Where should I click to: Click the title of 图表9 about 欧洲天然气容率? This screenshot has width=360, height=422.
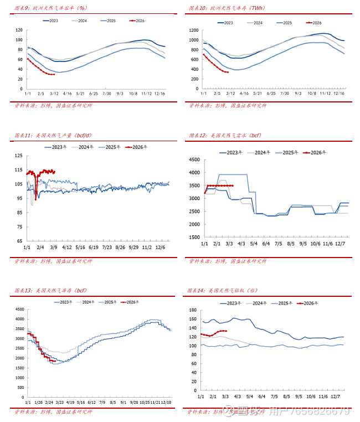click(x=50, y=8)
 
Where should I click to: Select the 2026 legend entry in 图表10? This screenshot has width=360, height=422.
click(x=313, y=23)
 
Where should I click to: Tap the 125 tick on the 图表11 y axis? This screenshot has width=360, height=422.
click(x=19, y=156)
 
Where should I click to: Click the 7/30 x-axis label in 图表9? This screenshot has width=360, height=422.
click(x=106, y=93)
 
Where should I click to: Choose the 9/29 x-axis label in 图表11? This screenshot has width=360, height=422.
click(x=134, y=247)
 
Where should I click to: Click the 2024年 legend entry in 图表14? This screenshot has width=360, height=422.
click(x=257, y=303)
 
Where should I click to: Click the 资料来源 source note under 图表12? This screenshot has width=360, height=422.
click(x=227, y=261)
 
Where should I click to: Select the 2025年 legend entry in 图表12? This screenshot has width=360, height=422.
click(x=290, y=152)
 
